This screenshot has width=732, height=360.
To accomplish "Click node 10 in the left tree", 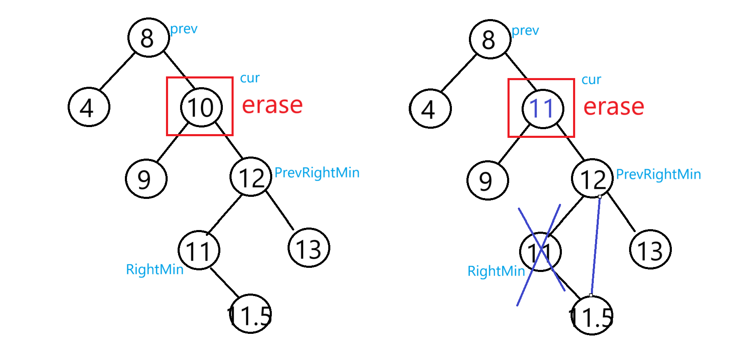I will [x=201, y=107].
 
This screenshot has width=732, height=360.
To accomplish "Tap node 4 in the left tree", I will [x=89, y=107].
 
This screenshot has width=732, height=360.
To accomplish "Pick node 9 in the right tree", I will [x=488, y=180].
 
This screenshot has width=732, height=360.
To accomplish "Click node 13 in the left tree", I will [x=309, y=248].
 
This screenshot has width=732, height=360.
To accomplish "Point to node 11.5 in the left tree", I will [x=250, y=314].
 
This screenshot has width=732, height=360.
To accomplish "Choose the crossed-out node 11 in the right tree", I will [x=540, y=252].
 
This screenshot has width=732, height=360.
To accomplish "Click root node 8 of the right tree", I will [x=490, y=39].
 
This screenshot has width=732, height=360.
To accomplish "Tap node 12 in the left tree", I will [x=251, y=177].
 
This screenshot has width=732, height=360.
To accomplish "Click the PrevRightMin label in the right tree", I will [x=658, y=174].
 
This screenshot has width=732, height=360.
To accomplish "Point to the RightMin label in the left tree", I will [x=154, y=269].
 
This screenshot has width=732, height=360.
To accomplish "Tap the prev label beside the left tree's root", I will [x=184, y=29].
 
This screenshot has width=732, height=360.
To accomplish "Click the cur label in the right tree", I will [x=591, y=79].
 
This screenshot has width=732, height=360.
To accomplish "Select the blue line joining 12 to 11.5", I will [x=595, y=245].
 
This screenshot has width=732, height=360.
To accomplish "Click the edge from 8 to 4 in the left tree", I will [x=117, y=71].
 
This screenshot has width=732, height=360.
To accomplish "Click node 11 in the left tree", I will [x=199, y=250].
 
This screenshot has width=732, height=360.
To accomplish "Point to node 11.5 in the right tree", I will [x=591, y=316].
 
